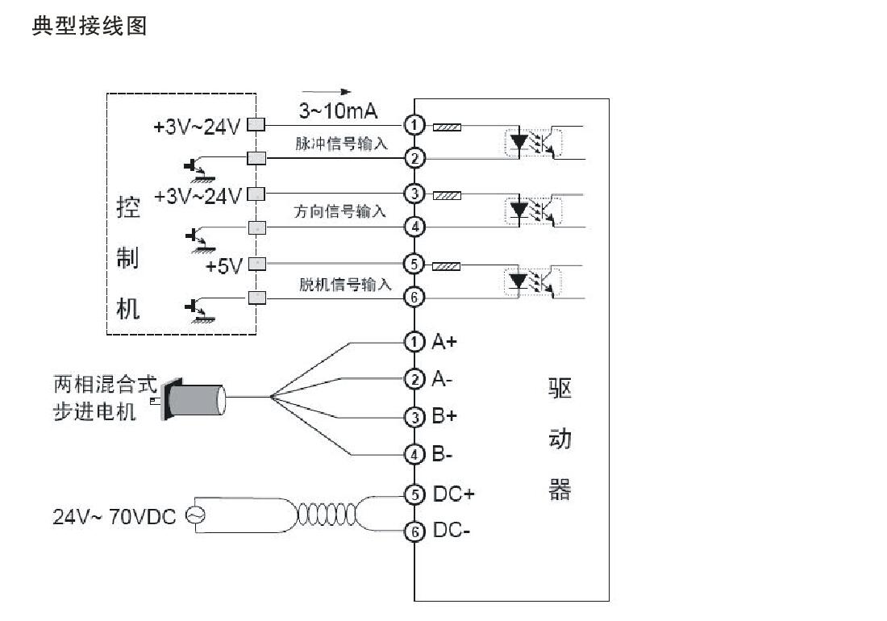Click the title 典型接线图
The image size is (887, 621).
pos(90,26)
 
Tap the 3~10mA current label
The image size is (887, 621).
pos(338,110)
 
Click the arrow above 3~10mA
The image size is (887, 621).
pos(327,92)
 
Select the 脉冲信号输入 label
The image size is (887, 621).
pos(341,144)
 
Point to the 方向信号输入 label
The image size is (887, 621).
pos(339,211)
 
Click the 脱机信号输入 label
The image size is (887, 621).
pos(345,284)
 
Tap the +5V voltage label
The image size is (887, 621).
pos(224,266)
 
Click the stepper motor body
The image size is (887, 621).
pos(194,400)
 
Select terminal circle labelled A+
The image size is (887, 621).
pos(414,342)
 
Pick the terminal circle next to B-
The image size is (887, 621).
pos(414,454)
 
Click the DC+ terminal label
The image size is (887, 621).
pos(454,494)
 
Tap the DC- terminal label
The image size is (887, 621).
pos(452,531)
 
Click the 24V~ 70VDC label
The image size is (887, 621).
pos(115,516)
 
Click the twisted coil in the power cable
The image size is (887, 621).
pos(327,515)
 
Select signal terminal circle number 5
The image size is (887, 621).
pos(414,264)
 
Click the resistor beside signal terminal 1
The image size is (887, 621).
pos(447,127)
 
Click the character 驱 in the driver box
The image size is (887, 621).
pos(560,388)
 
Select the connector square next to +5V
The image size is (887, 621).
pos(256,264)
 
